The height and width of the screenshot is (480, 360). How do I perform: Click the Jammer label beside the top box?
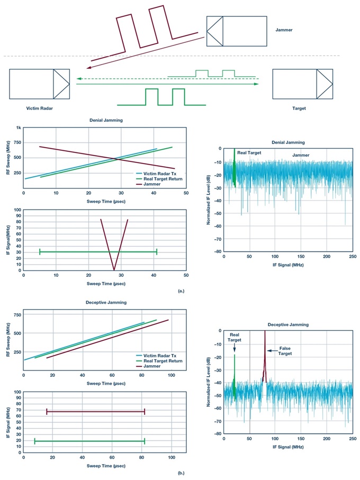[x=284, y=30]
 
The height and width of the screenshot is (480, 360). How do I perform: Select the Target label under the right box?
[x=299, y=108]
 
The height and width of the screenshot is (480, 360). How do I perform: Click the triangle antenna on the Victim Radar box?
[x=61, y=84]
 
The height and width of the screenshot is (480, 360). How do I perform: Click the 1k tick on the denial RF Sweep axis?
[x=18, y=128]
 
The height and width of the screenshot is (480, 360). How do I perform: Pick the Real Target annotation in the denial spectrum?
[x=249, y=152]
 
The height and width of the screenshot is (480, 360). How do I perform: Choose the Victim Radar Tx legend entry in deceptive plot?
[x=159, y=355]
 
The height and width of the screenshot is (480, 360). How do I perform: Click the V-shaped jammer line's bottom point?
[x=114, y=270]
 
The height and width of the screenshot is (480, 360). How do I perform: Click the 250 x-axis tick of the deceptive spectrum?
[x=352, y=439]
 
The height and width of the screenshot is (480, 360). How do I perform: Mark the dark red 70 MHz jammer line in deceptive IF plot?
[x=95, y=411]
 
